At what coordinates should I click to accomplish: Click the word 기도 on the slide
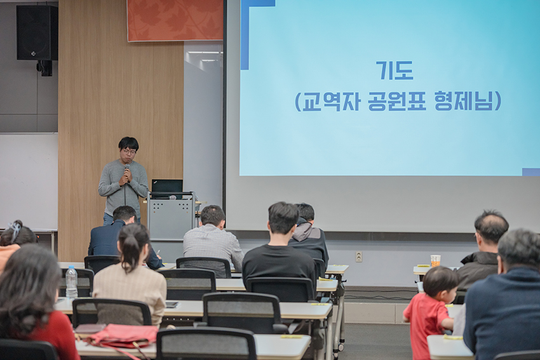395,70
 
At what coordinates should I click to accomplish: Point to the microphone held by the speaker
126,170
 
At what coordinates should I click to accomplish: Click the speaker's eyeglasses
129,152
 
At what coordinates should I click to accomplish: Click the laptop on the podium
167,187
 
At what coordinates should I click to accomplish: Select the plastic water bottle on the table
71,281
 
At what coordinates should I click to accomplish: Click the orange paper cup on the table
436,260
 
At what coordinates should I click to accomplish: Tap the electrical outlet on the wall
359,257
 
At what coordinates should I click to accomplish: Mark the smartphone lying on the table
172,305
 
